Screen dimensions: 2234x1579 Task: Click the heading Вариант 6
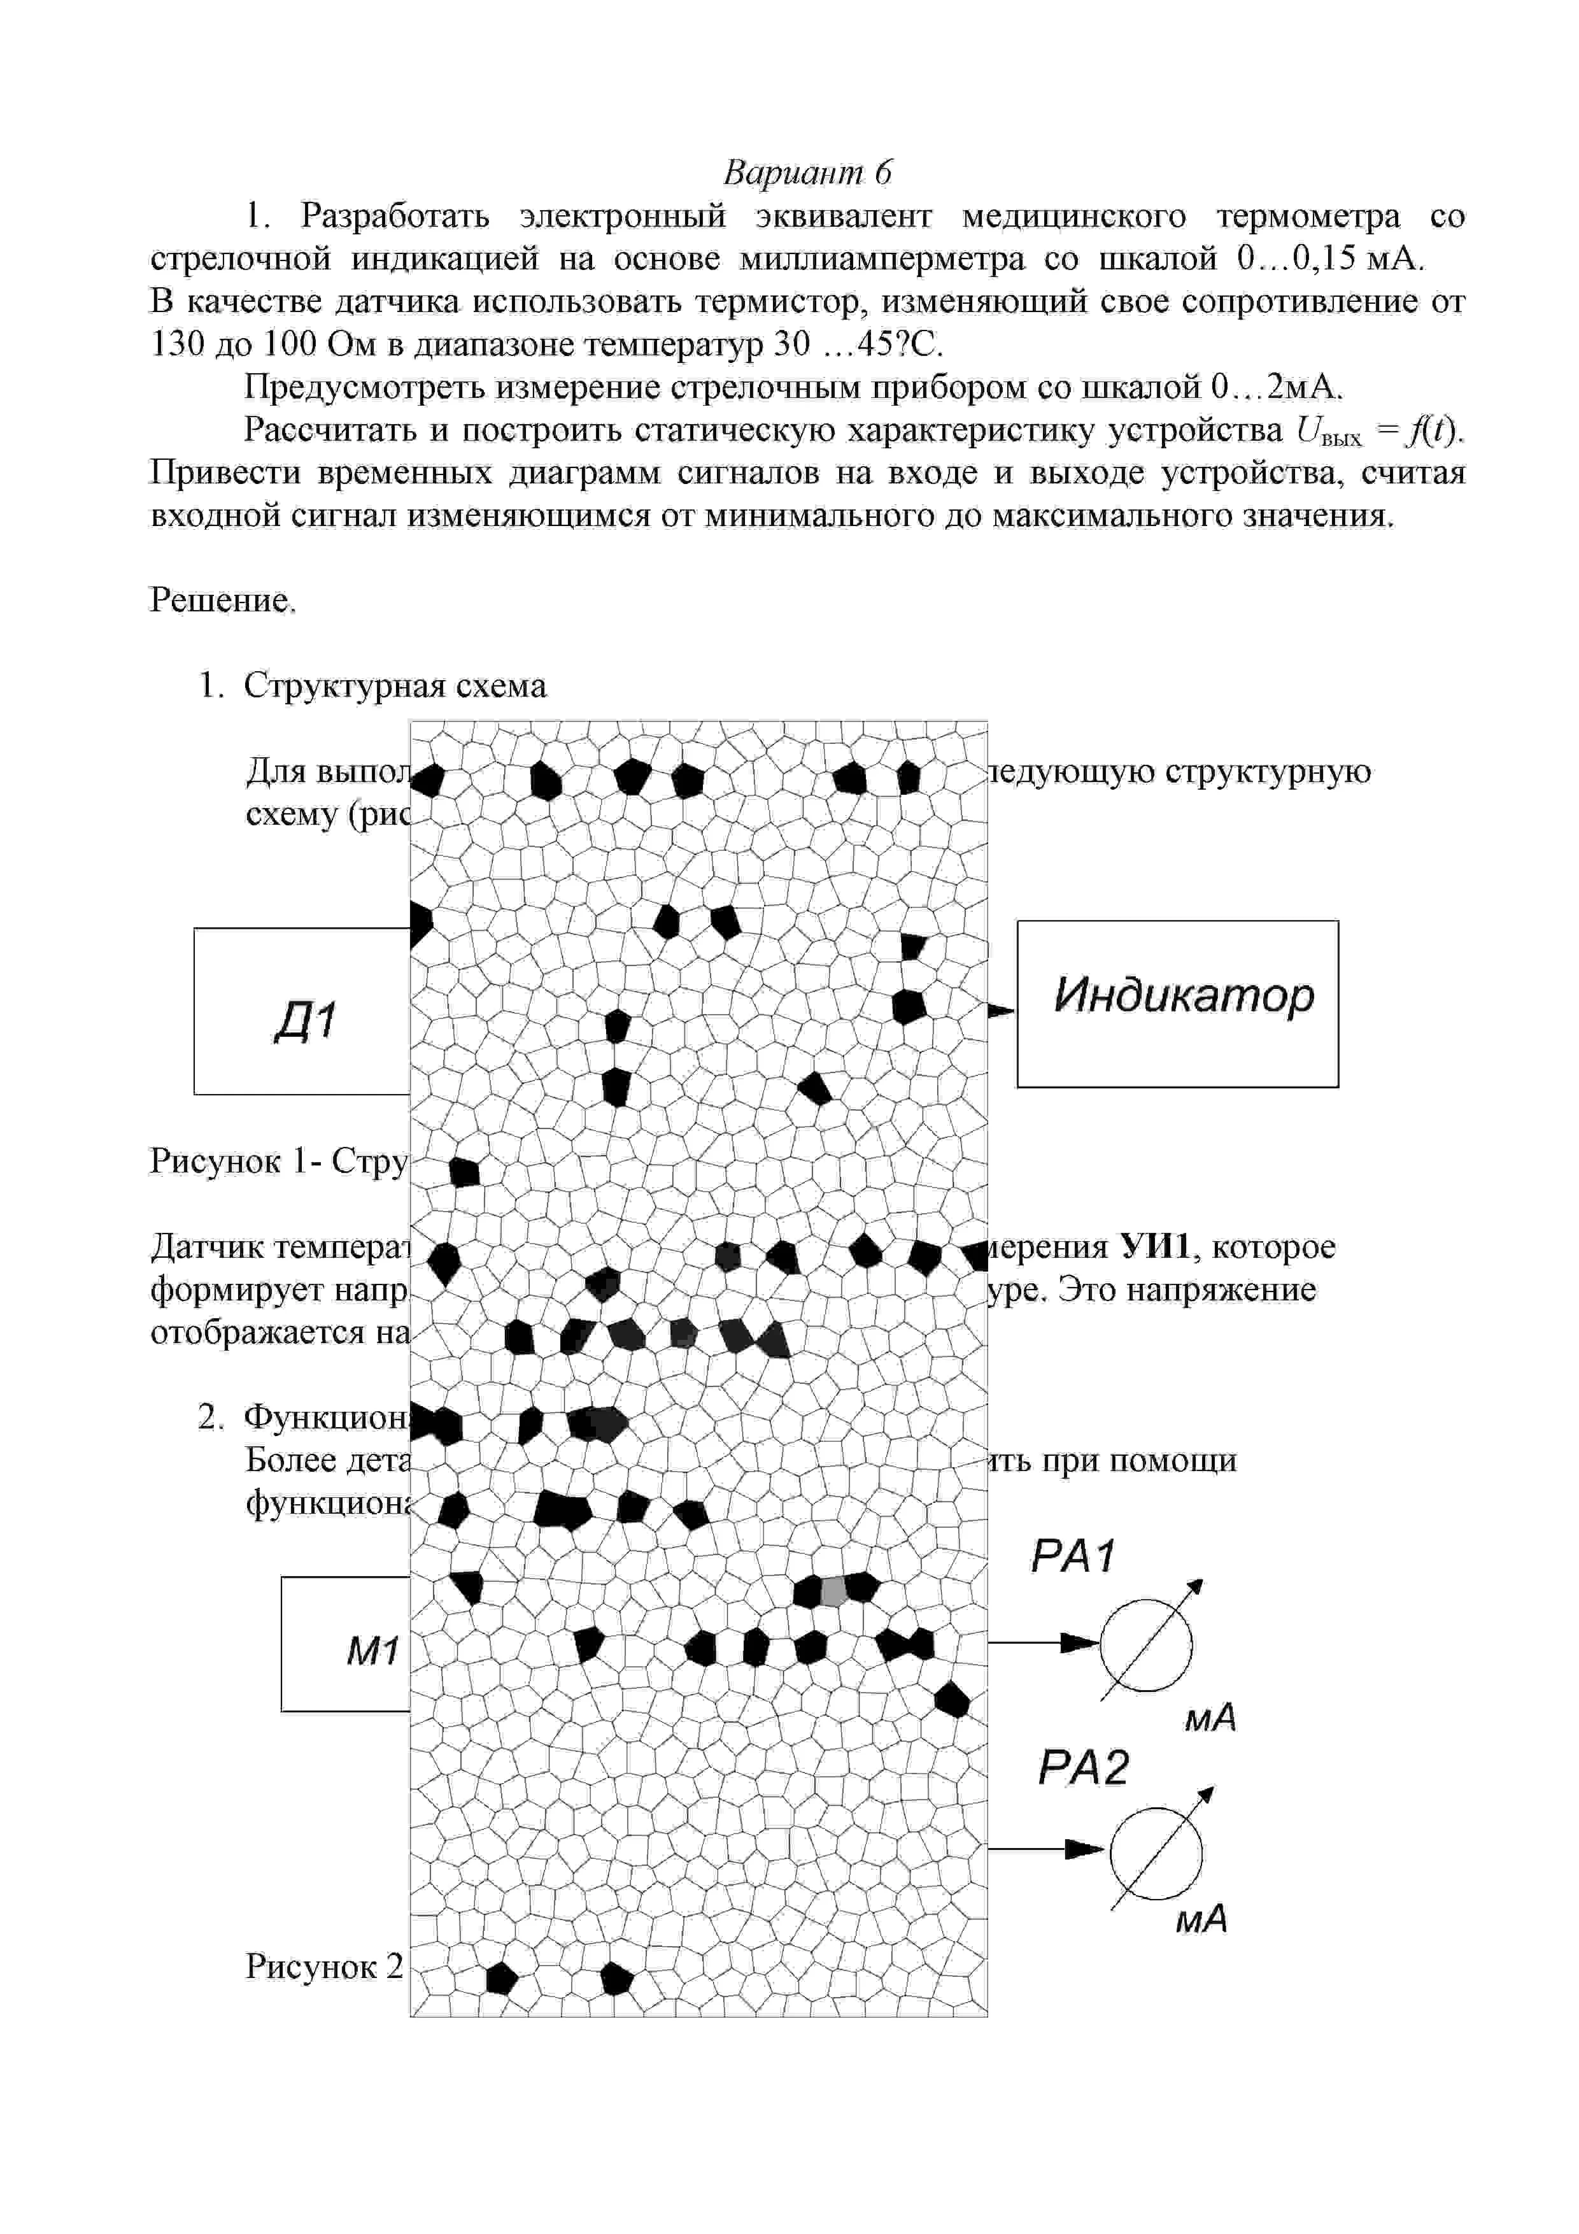[807, 172]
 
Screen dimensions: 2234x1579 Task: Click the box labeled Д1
[302, 1012]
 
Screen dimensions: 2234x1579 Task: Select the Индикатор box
[1177, 1003]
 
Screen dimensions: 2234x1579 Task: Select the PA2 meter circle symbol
[1155, 1853]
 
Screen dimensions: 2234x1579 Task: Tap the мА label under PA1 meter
[1209, 1718]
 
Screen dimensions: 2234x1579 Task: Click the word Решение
[222, 601]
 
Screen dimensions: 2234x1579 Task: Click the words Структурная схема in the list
[395, 686]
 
